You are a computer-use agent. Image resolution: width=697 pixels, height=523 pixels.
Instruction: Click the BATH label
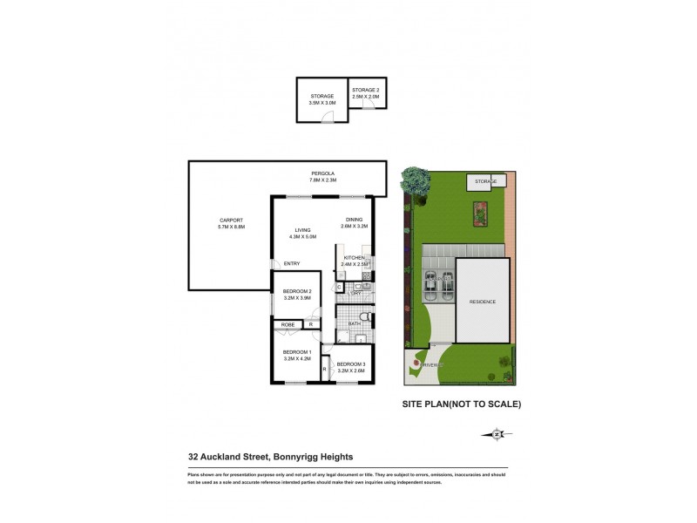355,324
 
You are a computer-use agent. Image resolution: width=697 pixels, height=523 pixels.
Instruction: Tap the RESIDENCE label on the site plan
483,302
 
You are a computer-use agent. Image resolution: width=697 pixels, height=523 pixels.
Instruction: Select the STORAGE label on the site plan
485,181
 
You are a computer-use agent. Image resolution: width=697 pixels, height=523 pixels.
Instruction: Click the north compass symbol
496,433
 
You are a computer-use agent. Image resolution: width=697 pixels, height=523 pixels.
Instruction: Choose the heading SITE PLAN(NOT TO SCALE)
461,404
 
